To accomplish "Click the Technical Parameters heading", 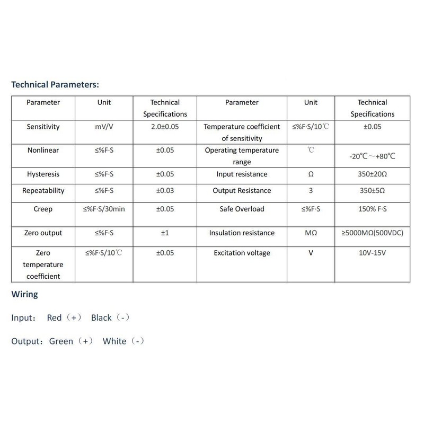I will click(x=55, y=84).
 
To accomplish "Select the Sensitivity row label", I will click(x=43, y=127).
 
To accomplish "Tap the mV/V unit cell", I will click(x=104, y=127).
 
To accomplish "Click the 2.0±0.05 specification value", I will click(x=165, y=127).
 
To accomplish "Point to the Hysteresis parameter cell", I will click(x=43, y=174).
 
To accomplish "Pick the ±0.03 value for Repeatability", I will click(x=165, y=191).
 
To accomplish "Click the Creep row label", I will click(x=43, y=209).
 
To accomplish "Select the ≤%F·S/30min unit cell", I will click(x=104, y=209).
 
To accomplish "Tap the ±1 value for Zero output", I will click(x=165, y=233).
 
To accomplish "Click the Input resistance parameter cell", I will click(x=242, y=174).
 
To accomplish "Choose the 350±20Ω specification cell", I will click(x=376, y=174).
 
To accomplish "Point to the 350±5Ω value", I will click(x=376, y=191).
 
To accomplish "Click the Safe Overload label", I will click(x=242, y=209).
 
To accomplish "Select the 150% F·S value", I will click(x=376, y=209).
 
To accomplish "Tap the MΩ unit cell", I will click(x=311, y=233).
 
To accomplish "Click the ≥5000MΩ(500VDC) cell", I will click(x=376, y=233).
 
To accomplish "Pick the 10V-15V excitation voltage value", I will click(x=376, y=253).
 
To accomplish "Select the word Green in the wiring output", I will click(x=61, y=341).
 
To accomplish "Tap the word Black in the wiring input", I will click(x=101, y=318).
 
